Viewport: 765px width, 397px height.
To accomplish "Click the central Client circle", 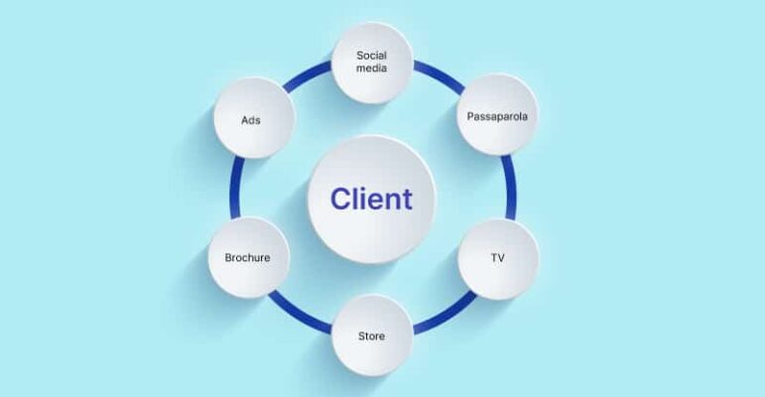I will click(371, 199).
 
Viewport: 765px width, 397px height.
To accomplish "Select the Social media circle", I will click(371, 64).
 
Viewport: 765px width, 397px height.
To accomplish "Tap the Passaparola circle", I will click(497, 116).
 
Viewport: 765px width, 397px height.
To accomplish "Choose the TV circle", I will click(497, 257).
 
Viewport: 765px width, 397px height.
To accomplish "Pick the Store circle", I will click(371, 335).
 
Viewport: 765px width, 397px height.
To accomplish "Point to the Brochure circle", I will click(247, 257).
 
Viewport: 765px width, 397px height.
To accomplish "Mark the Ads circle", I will click(251, 120).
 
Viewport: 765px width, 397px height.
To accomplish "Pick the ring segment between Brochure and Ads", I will click(235, 189).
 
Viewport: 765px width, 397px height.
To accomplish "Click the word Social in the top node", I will click(371, 56).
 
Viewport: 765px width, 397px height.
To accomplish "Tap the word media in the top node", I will click(371, 71).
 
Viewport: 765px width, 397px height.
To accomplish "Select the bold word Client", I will click(371, 199).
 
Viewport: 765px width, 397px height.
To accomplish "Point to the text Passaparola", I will click(497, 116).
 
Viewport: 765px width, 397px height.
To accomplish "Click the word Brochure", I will click(247, 257).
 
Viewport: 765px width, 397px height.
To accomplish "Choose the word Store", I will click(371, 335).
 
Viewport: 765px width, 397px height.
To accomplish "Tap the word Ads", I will click(251, 120).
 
